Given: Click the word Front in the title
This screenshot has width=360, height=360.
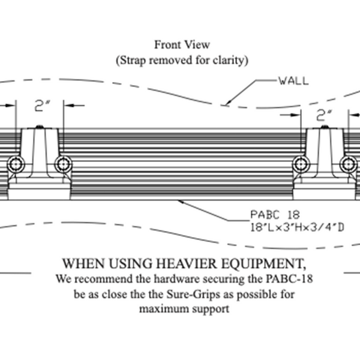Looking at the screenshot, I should tap(167, 45).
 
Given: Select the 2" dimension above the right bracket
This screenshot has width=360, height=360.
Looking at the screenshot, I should tap(325, 113).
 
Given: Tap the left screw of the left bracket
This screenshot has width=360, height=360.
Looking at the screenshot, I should tap(14, 163).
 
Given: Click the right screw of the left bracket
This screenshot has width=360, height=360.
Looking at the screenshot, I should tap(62, 163).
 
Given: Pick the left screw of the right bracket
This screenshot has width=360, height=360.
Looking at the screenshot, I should tap(299, 163).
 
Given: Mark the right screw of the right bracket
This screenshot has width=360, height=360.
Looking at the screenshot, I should tap(347, 163).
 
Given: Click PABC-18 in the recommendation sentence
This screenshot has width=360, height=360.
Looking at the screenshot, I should tap(293, 279).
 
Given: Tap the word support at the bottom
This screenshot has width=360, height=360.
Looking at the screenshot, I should tap(211, 310).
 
